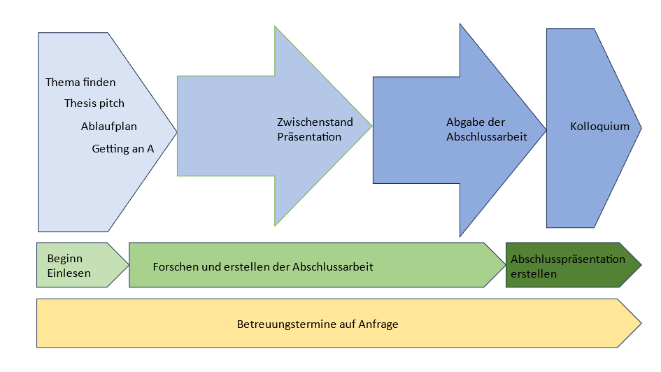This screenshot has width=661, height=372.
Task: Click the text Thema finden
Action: (x=80, y=82)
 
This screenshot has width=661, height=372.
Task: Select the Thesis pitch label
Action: (x=94, y=103)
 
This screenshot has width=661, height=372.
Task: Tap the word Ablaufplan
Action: (x=108, y=127)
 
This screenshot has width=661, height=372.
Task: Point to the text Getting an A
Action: (x=122, y=149)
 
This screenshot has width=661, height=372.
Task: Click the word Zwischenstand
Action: (x=315, y=122)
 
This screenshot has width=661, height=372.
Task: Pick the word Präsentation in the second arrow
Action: (x=309, y=137)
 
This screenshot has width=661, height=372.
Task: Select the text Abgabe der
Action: (x=476, y=122)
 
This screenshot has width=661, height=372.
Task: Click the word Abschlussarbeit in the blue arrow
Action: (x=486, y=137)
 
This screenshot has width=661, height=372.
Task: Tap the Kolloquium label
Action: (x=599, y=127)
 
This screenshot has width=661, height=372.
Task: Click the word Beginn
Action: (x=65, y=259)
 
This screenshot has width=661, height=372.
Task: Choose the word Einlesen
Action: (x=69, y=273)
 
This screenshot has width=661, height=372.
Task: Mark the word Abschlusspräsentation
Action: (x=568, y=259)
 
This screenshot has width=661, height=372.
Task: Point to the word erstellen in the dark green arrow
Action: (x=534, y=274)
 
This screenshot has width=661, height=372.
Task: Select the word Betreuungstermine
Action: (x=283, y=324)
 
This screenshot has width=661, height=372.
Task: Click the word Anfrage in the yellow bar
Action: (x=378, y=324)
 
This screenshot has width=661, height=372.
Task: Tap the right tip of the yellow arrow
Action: (x=641, y=324)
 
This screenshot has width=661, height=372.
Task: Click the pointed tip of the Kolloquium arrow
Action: (x=641, y=128)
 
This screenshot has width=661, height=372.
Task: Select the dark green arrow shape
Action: (x=574, y=265)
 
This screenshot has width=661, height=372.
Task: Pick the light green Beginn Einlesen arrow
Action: (x=83, y=265)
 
